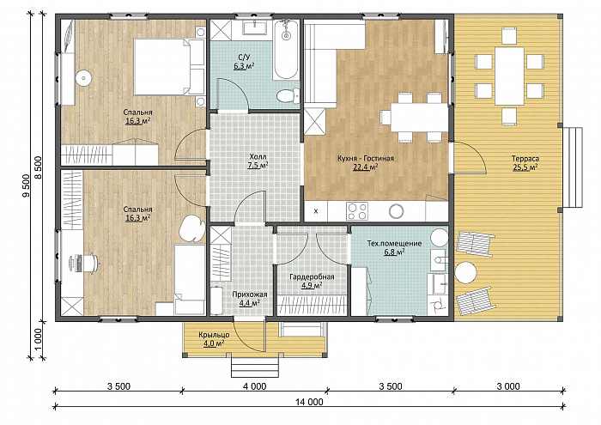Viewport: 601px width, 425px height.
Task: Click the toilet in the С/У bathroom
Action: click(x=288, y=95)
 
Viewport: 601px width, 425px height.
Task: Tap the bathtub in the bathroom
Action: click(x=286, y=50)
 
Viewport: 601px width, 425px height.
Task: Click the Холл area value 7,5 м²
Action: click(x=258, y=166)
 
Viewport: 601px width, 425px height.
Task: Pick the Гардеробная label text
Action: click(x=312, y=276)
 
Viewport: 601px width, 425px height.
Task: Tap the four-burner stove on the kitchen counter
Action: click(x=357, y=211)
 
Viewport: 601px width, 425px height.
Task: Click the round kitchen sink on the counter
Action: click(x=396, y=210)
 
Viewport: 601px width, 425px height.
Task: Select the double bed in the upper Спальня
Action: click(x=169, y=67)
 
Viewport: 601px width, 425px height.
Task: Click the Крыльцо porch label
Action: click(x=214, y=335)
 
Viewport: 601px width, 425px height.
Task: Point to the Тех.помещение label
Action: click(x=394, y=243)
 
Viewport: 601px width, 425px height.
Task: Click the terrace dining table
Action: click(x=509, y=76)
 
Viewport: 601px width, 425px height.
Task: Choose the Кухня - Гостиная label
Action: click(x=366, y=158)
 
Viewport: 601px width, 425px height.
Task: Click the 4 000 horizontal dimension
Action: click(x=254, y=386)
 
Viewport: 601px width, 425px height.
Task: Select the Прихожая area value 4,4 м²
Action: click(x=250, y=303)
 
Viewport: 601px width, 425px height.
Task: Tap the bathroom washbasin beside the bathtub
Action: click(x=255, y=27)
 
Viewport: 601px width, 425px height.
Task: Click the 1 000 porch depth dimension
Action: click(x=39, y=339)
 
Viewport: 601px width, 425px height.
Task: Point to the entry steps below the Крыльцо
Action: click(x=254, y=367)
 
